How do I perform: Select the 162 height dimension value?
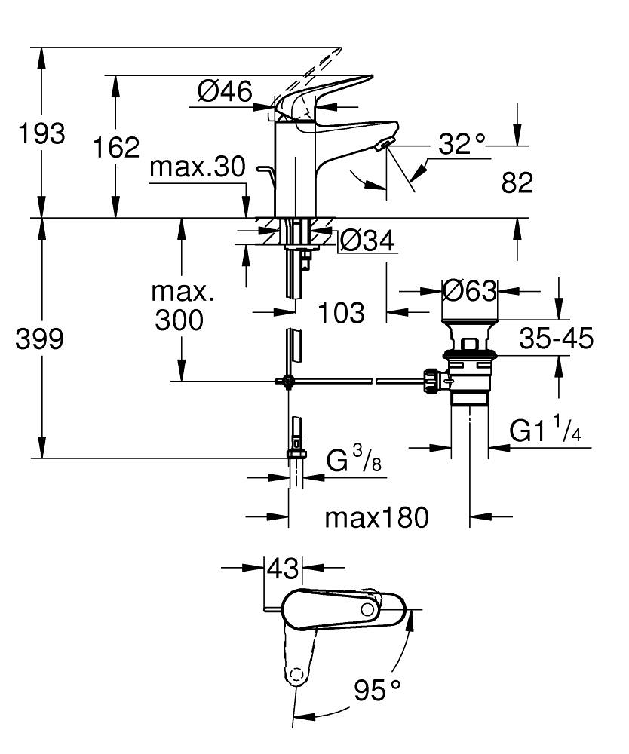click(x=116, y=147)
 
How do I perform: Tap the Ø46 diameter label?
click(x=224, y=92)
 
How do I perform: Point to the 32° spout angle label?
click(x=462, y=143)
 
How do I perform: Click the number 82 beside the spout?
click(x=517, y=182)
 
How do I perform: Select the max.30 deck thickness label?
click(x=198, y=167)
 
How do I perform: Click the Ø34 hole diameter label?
click(x=367, y=241)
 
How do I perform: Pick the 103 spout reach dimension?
click(x=341, y=311)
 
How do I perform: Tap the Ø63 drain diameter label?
click(x=470, y=290)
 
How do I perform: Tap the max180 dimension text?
click(x=376, y=517)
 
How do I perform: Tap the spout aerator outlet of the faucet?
click(x=385, y=145)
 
